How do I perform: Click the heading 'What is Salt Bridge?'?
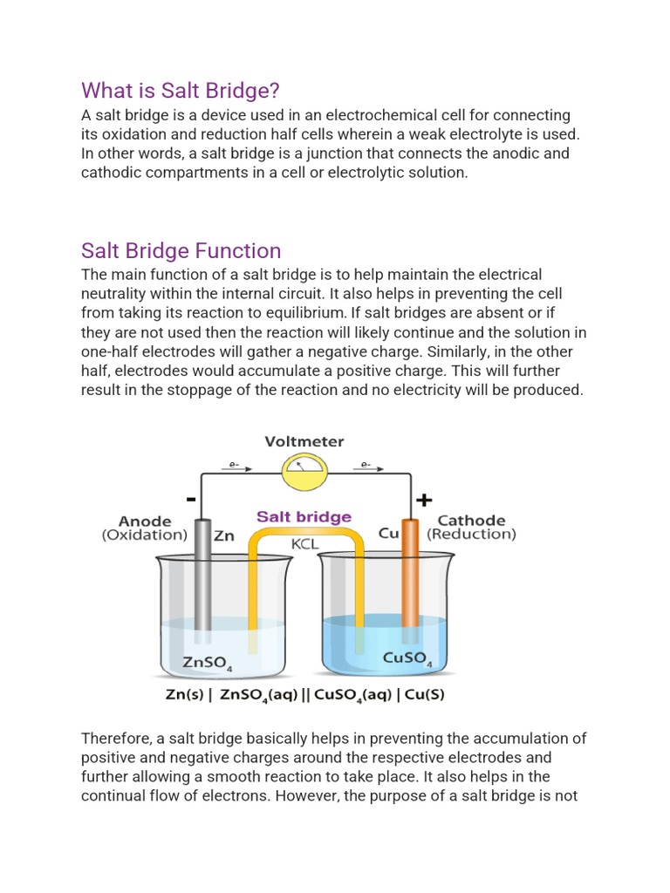point(181,91)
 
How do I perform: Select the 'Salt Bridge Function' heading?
point(181,251)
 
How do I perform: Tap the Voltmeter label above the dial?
point(304,442)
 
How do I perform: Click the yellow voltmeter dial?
point(304,472)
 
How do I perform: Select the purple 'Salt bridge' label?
point(304,517)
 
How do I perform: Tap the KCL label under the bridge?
point(304,543)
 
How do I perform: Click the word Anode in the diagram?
point(145,521)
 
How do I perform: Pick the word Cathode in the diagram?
point(471,521)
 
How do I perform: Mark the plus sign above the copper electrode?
point(425,500)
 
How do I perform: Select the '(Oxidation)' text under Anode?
point(145,535)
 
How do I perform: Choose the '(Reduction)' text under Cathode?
point(471,535)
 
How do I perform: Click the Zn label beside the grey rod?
point(224,536)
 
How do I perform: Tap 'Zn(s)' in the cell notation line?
point(184,696)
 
